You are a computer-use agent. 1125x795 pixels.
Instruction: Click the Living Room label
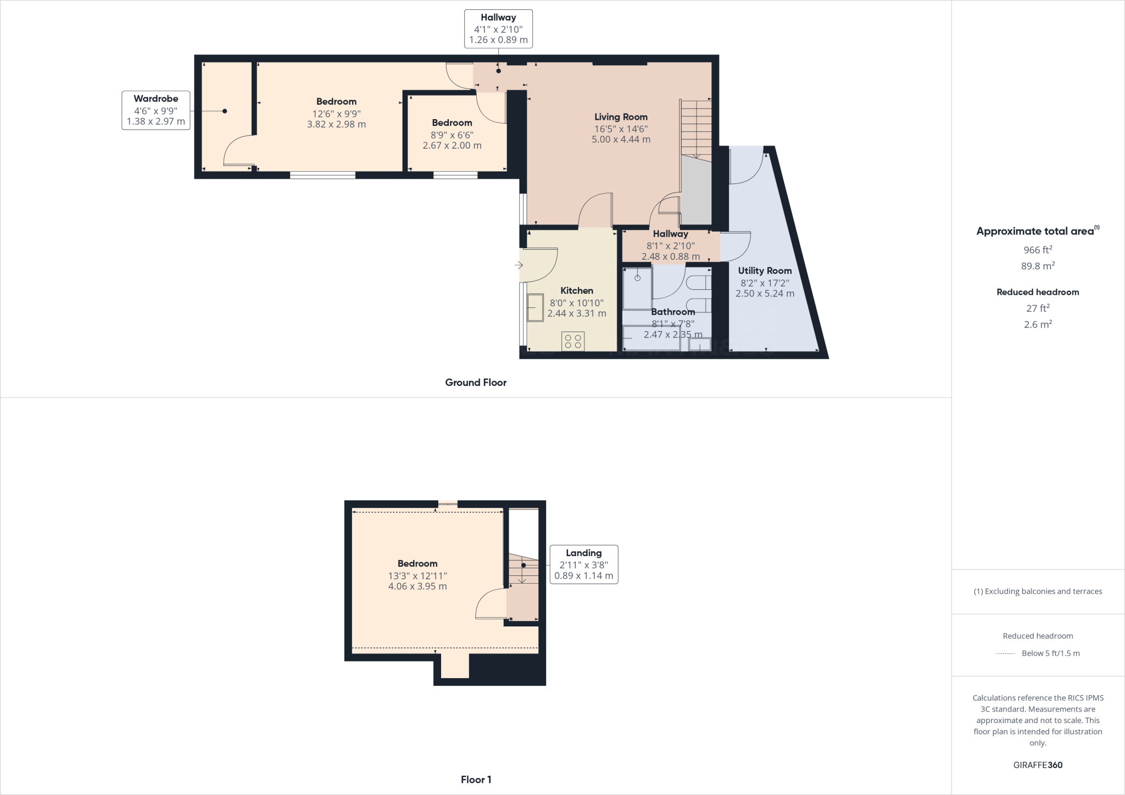[x=621, y=117]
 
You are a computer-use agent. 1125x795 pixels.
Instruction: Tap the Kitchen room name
[x=576, y=291]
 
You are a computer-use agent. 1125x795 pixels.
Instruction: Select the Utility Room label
[x=765, y=271]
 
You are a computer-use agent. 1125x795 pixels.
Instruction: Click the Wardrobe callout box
[x=156, y=110]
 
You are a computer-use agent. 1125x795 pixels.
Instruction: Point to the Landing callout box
[x=583, y=564]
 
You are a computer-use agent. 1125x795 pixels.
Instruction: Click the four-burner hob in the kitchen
[x=573, y=341]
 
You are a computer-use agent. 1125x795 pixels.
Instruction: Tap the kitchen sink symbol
[x=534, y=307]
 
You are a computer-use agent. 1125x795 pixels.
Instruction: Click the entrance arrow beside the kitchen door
[x=519, y=266]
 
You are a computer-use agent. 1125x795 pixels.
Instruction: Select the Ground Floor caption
[x=476, y=383]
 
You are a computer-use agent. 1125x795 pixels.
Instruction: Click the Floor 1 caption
[x=476, y=780]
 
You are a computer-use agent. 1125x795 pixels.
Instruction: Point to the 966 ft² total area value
[x=1038, y=250]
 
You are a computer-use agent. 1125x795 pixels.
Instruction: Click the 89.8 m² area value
[x=1038, y=266]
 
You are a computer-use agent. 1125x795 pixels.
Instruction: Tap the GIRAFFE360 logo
[x=1038, y=765]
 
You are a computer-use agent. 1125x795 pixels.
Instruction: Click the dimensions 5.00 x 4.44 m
[x=621, y=139]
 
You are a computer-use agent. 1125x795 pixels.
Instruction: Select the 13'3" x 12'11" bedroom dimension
[x=417, y=576]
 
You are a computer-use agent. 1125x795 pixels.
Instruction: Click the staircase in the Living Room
[x=696, y=129]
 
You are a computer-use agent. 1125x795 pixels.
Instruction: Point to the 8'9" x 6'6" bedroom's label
[x=452, y=123]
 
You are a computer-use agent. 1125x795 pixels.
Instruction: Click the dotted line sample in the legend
[x=1005, y=653]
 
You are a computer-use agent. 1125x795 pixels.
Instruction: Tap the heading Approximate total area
[x=1035, y=231]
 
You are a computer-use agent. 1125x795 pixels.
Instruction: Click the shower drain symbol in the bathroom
[x=638, y=278]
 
